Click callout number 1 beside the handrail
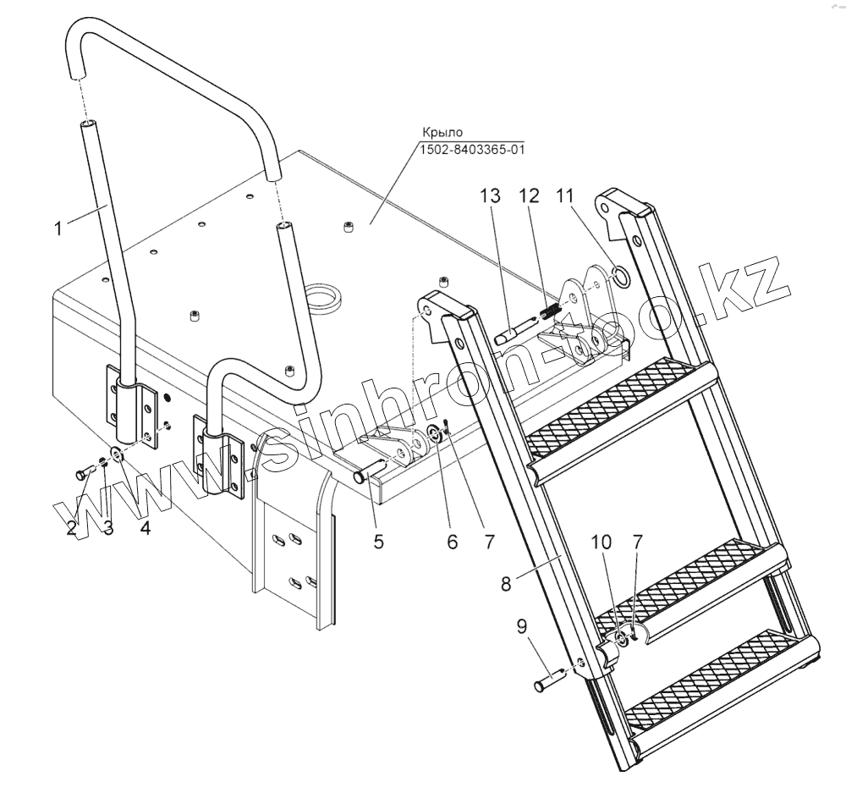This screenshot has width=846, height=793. pyautogui.click(x=58, y=228)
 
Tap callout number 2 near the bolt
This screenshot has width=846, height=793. pyautogui.click(x=74, y=529)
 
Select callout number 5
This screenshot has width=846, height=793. pyautogui.click(x=378, y=541)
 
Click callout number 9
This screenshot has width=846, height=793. pyautogui.click(x=521, y=627)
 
